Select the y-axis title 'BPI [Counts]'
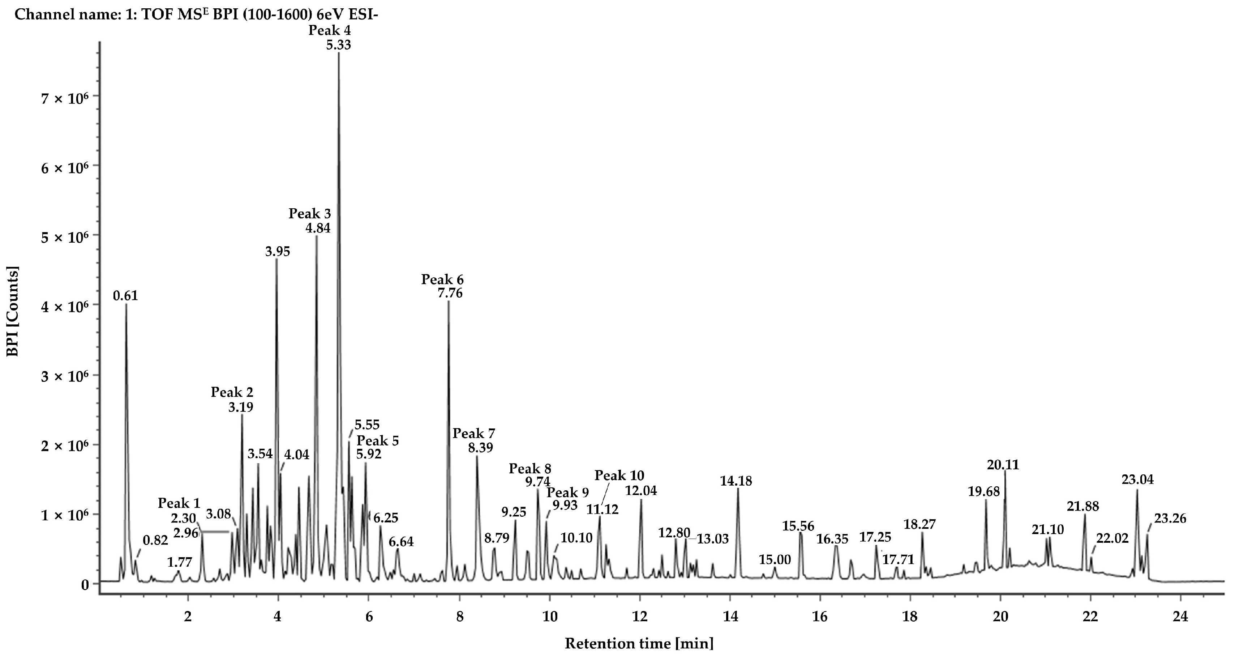click(12, 312)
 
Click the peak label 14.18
click(736, 481)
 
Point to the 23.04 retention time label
click(1138, 479)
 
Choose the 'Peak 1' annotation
click(179, 504)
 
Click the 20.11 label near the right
click(1003, 465)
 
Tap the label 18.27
click(919, 525)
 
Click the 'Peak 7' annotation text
click(474, 434)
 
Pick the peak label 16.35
click(832, 539)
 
